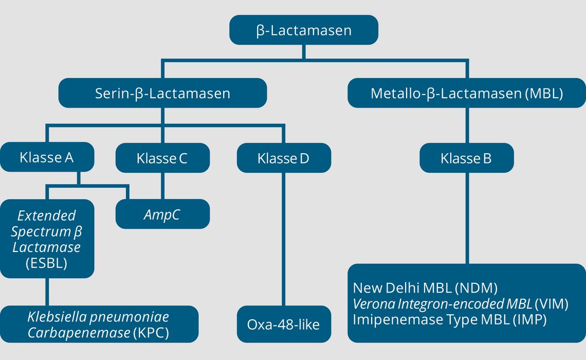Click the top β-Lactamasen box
(x=304, y=30)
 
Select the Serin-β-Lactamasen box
(x=162, y=93)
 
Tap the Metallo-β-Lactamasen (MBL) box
(x=467, y=93)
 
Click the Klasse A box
(x=47, y=157)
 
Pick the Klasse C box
(x=162, y=158)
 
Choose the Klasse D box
(x=284, y=158)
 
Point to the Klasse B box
(x=467, y=158)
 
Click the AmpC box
(x=162, y=214)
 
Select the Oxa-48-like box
(x=284, y=324)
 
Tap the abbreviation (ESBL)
(x=47, y=263)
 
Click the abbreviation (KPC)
(x=151, y=332)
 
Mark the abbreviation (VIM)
(x=552, y=304)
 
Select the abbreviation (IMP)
(x=529, y=319)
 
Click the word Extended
(x=47, y=215)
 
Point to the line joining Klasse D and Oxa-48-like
(x=284, y=239)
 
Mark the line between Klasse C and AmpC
(x=162, y=186)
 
